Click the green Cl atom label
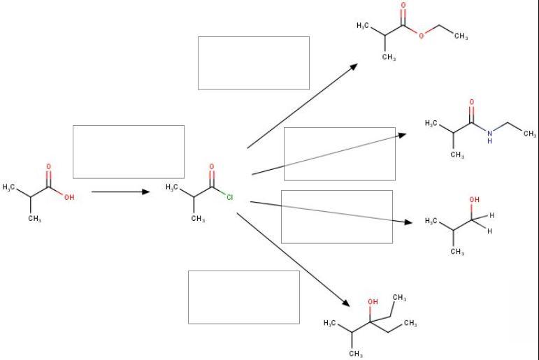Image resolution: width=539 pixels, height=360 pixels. coord(229,198)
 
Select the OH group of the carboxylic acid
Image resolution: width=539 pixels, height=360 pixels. coord(68,198)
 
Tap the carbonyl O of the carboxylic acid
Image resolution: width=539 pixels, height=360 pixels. coord(48,167)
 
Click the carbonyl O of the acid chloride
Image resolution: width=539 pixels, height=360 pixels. coord(211,167)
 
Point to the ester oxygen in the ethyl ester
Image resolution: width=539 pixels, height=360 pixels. coord(422,36)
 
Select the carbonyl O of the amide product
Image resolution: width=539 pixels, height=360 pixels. coord(471,103)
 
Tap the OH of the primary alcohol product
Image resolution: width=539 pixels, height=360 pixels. coord(475,200)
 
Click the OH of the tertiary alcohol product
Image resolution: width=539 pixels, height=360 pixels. coord(373,301)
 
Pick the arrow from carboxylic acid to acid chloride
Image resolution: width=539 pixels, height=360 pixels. coord(120,191)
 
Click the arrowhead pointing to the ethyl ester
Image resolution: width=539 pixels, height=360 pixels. coord(354,66)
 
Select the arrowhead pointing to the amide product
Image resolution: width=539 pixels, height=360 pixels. coord(403,134)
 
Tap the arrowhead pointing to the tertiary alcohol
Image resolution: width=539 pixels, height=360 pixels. coord(345,303)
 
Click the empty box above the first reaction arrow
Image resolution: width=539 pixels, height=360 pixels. coord(129,152)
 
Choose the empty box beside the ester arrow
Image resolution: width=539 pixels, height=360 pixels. coord(253,63)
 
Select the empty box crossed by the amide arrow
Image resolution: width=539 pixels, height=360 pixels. coord(339,154)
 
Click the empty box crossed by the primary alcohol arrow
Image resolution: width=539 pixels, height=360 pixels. coord(336,217)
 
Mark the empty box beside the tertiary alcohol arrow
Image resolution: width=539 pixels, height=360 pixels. coord(243,297)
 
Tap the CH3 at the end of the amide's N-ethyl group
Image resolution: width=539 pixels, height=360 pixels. coord(529,134)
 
